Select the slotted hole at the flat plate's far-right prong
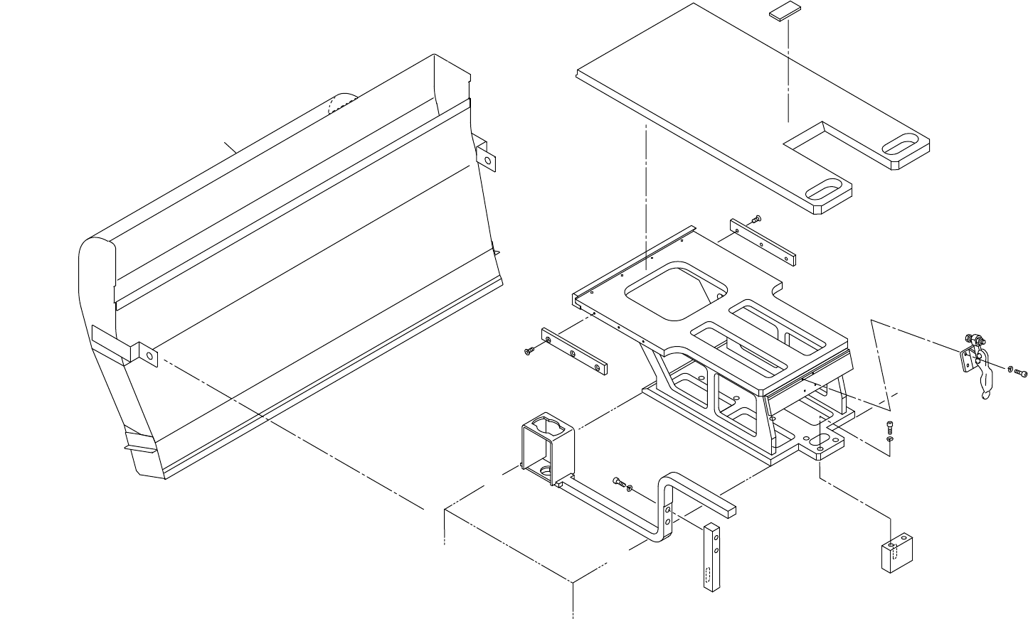pos(901,144)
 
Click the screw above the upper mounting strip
pos(756,218)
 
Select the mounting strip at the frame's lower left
pos(574,351)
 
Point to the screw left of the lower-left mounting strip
pos(529,351)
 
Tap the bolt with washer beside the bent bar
pos(621,484)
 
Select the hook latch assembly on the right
pos(975,362)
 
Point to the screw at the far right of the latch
pos(1022,372)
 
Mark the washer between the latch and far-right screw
pos(1010,370)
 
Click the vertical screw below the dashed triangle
pos(890,426)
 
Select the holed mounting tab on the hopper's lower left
pos(146,352)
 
